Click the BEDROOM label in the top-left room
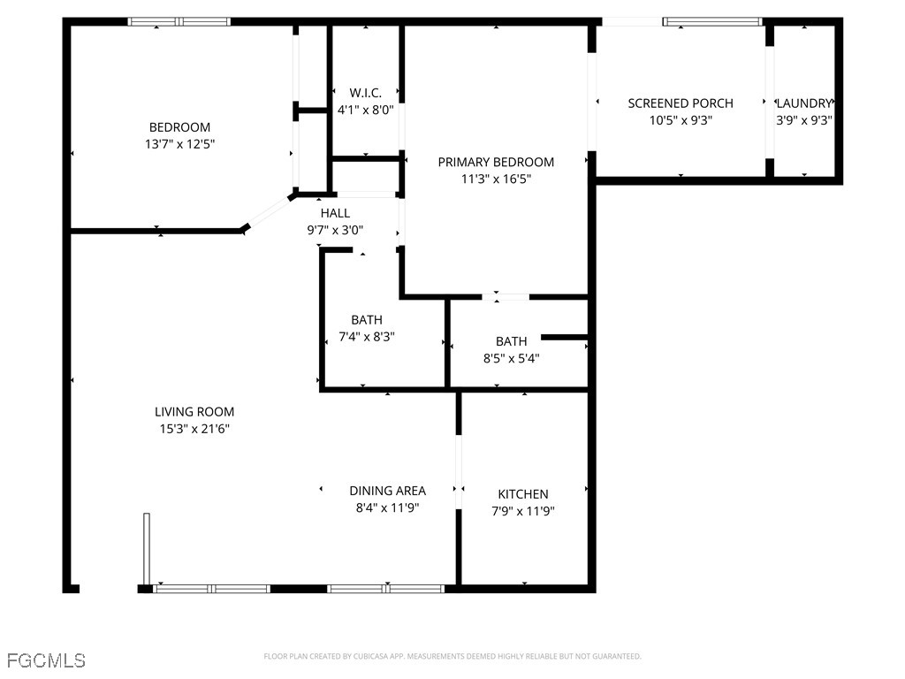tap(179, 127)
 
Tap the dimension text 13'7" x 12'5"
tap(179, 144)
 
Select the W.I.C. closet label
tap(365, 93)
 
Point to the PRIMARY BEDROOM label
tap(496, 162)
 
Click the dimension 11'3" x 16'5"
tap(496, 179)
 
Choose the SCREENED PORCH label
tap(680, 103)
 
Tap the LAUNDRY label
tap(804, 103)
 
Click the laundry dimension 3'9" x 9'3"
tap(804, 120)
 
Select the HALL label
tap(335, 213)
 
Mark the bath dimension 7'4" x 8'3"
tap(367, 337)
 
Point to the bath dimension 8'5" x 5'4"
tap(511, 358)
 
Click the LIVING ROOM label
tap(194, 412)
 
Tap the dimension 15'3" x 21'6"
tap(194, 429)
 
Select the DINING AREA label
tap(387, 491)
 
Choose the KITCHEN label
tap(523, 494)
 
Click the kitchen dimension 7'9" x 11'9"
tap(523, 511)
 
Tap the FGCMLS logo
tap(46, 660)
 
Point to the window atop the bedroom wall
tap(179, 21)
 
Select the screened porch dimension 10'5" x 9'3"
tap(680, 120)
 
